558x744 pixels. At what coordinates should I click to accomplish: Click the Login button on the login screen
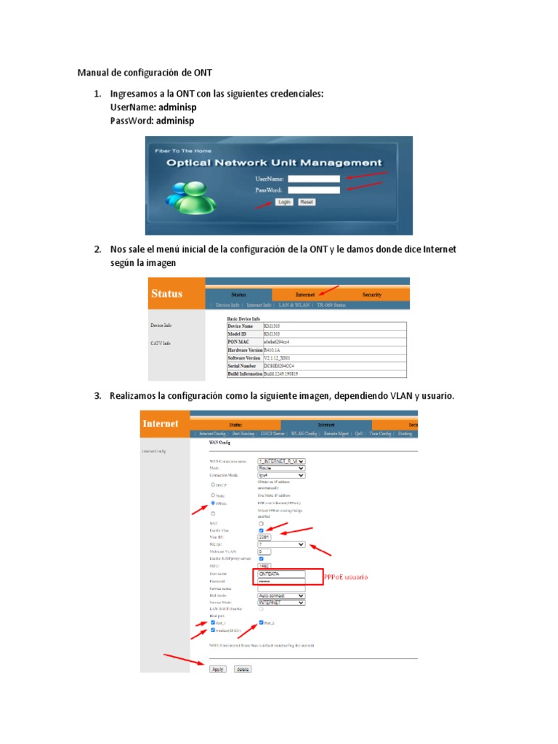pyautogui.click(x=284, y=202)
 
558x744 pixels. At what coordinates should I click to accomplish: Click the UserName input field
pyautogui.click(x=314, y=178)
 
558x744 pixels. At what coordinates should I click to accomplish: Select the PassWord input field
pyautogui.click(x=314, y=190)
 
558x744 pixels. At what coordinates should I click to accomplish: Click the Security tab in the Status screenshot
pyautogui.click(x=371, y=295)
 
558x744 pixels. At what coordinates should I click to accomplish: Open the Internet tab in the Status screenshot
pyautogui.click(x=305, y=295)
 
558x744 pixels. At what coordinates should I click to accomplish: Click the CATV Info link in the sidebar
pyautogui.click(x=161, y=343)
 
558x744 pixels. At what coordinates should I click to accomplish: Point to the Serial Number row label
pyautogui.click(x=243, y=366)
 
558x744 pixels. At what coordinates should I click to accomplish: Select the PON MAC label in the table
pyautogui.click(x=240, y=341)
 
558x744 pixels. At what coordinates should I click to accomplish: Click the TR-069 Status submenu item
pyautogui.click(x=331, y=305)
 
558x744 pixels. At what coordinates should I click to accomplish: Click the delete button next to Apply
pyautogui.click(x=243, y=669)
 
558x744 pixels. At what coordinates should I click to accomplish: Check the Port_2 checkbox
pyautogui.click(x=261, y=623)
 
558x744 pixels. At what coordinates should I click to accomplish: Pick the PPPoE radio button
pyautogui.click(x=212, y=502)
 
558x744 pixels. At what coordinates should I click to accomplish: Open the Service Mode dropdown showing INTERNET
pyautogui.click(x=281, y=602)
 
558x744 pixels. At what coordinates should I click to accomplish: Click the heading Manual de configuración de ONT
pyautogui.click(x=145, y=72)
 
